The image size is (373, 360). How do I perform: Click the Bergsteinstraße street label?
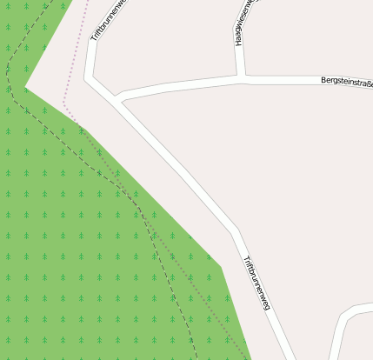346,82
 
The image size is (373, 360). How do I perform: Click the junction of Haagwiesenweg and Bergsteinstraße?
241,78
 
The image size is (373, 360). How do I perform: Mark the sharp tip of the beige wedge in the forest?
25,87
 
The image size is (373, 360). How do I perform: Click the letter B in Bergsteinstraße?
323,81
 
